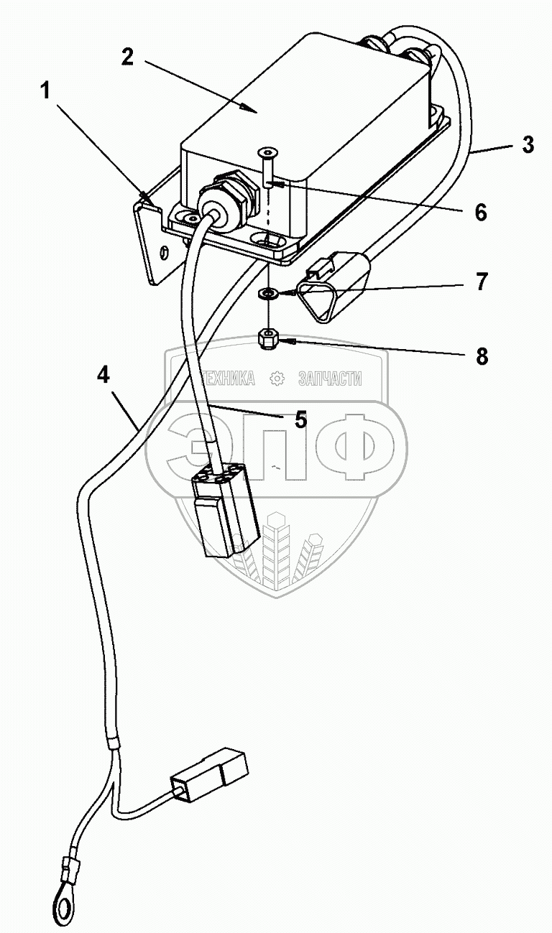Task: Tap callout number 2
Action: pyautogui.click(x=127, y=57)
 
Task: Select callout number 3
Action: pyautogui.click(x=528, y=144)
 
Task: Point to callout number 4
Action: pyautogui.click(x=103, y=375)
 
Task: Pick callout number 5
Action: pyautogui.click(x=300, y=419)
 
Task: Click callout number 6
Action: pyautogui.click(x=479, y=212)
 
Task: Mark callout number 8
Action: pyautogui.click(x=480, y=355)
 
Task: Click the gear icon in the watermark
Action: pyautogui.click(x=277, y=379)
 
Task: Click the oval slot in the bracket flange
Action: pyautogui.click(x=165, y=251)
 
